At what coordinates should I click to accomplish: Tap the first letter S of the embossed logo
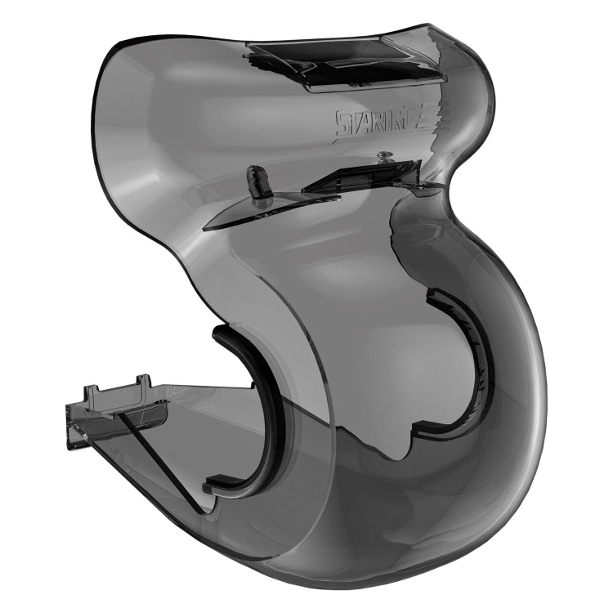click(339, 125)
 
